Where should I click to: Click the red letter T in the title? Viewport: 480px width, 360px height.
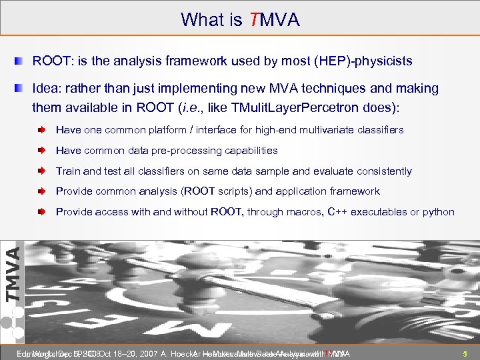pyautogui.click(x=251, y=20)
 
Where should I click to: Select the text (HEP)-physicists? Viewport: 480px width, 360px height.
pyautogui.click(x=362, y=61)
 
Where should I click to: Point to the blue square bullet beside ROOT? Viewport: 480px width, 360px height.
pyautogui.click(x=23, y=61)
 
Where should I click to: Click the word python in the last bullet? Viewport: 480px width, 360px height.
pyautogui.click(x=438, y=212)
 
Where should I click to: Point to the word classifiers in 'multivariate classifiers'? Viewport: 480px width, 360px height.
pyautogui.click(x=380, y=130)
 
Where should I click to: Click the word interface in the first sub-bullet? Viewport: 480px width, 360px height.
pyautogui.click(x=231, y=130)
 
